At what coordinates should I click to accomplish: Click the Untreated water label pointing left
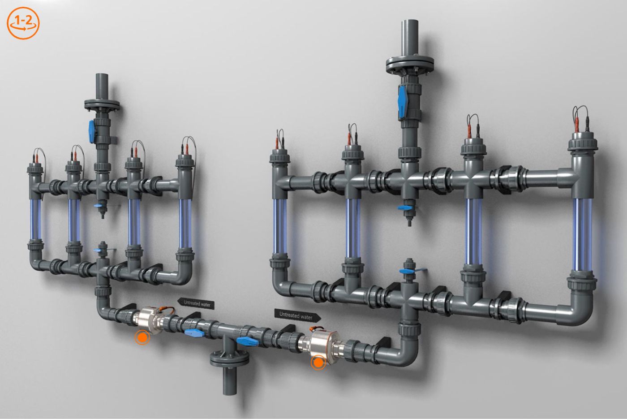point(195,303)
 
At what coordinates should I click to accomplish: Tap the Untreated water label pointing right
point(297,315)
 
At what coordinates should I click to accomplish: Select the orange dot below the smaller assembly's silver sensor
point(142,338)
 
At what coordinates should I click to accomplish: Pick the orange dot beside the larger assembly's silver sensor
point(318,363)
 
